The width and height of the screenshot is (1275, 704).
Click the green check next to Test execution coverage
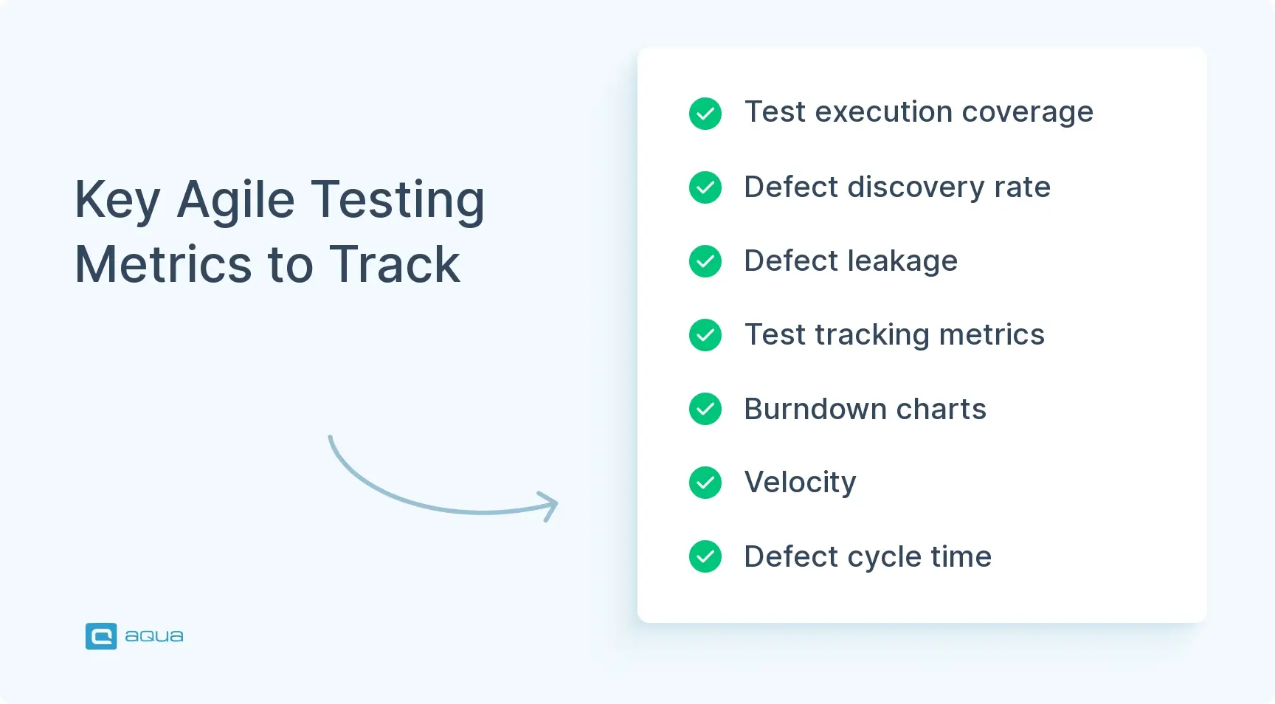point(705,114)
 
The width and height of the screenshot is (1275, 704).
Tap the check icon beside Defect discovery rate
point(705,187)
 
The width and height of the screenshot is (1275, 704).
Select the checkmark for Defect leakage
point(705,261)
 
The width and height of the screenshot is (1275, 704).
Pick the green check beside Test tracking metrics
point(705,335)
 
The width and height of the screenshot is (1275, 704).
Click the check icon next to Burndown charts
point(705,409)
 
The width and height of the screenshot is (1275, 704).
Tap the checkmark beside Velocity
point(705,483)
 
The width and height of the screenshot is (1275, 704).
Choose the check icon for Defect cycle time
point(705,556)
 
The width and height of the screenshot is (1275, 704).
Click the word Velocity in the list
point(801,483)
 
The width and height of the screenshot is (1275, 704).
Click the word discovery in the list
point(916,188)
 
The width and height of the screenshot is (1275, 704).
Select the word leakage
point(902,262)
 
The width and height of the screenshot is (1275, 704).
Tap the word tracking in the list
point(872,336)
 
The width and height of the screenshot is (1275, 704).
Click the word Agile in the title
point(236,201)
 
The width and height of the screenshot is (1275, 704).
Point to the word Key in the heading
point(117,201)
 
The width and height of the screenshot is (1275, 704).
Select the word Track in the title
point(395,264)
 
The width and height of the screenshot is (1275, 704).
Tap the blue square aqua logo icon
point(101,636)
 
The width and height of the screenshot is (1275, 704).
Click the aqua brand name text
point(154,636)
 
